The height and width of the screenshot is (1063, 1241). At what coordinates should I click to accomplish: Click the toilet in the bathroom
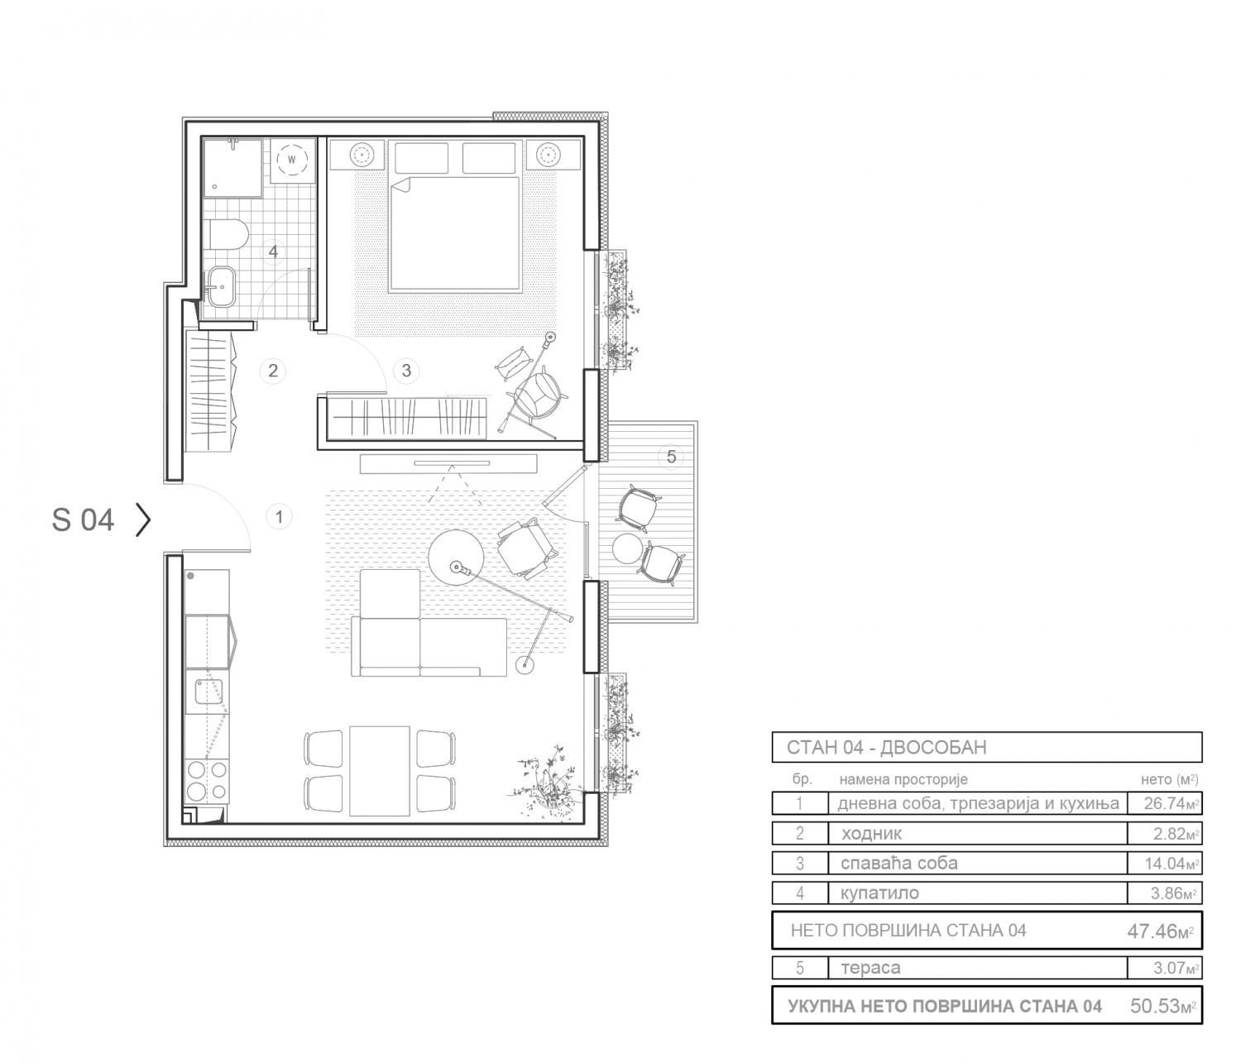228,235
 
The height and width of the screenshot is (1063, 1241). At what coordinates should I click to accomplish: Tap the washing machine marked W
292,160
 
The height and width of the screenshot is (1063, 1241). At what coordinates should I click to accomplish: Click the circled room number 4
273,251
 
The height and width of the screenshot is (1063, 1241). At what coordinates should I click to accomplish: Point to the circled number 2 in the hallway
273,371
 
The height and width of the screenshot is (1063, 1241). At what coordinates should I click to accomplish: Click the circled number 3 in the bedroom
406,371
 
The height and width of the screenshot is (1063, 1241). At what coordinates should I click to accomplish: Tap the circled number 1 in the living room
279,516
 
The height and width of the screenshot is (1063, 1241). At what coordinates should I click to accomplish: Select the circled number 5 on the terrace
671,456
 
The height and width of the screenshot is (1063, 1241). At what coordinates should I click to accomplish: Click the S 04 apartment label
83,520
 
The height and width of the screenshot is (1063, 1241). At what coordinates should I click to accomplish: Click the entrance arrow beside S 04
143,520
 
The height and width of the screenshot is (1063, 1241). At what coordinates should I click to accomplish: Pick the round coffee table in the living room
457,556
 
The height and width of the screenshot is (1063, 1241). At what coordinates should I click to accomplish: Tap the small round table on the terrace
627,548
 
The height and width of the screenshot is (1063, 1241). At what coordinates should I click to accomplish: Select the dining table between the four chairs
380,771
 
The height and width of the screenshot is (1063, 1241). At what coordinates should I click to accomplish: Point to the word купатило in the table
879,893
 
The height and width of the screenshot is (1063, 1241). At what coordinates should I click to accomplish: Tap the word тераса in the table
870,968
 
